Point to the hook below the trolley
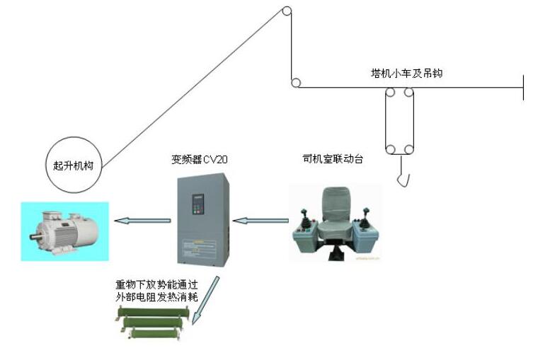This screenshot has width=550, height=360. tap(402, 176)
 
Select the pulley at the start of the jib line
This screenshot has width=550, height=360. tap(295, 83)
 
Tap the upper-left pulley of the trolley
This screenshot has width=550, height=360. tap(389, 91)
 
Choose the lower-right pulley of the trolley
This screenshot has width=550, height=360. tap(408, 149)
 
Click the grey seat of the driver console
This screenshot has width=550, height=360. tap(335, 212)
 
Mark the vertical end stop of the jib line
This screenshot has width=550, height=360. tap(523, 87)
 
